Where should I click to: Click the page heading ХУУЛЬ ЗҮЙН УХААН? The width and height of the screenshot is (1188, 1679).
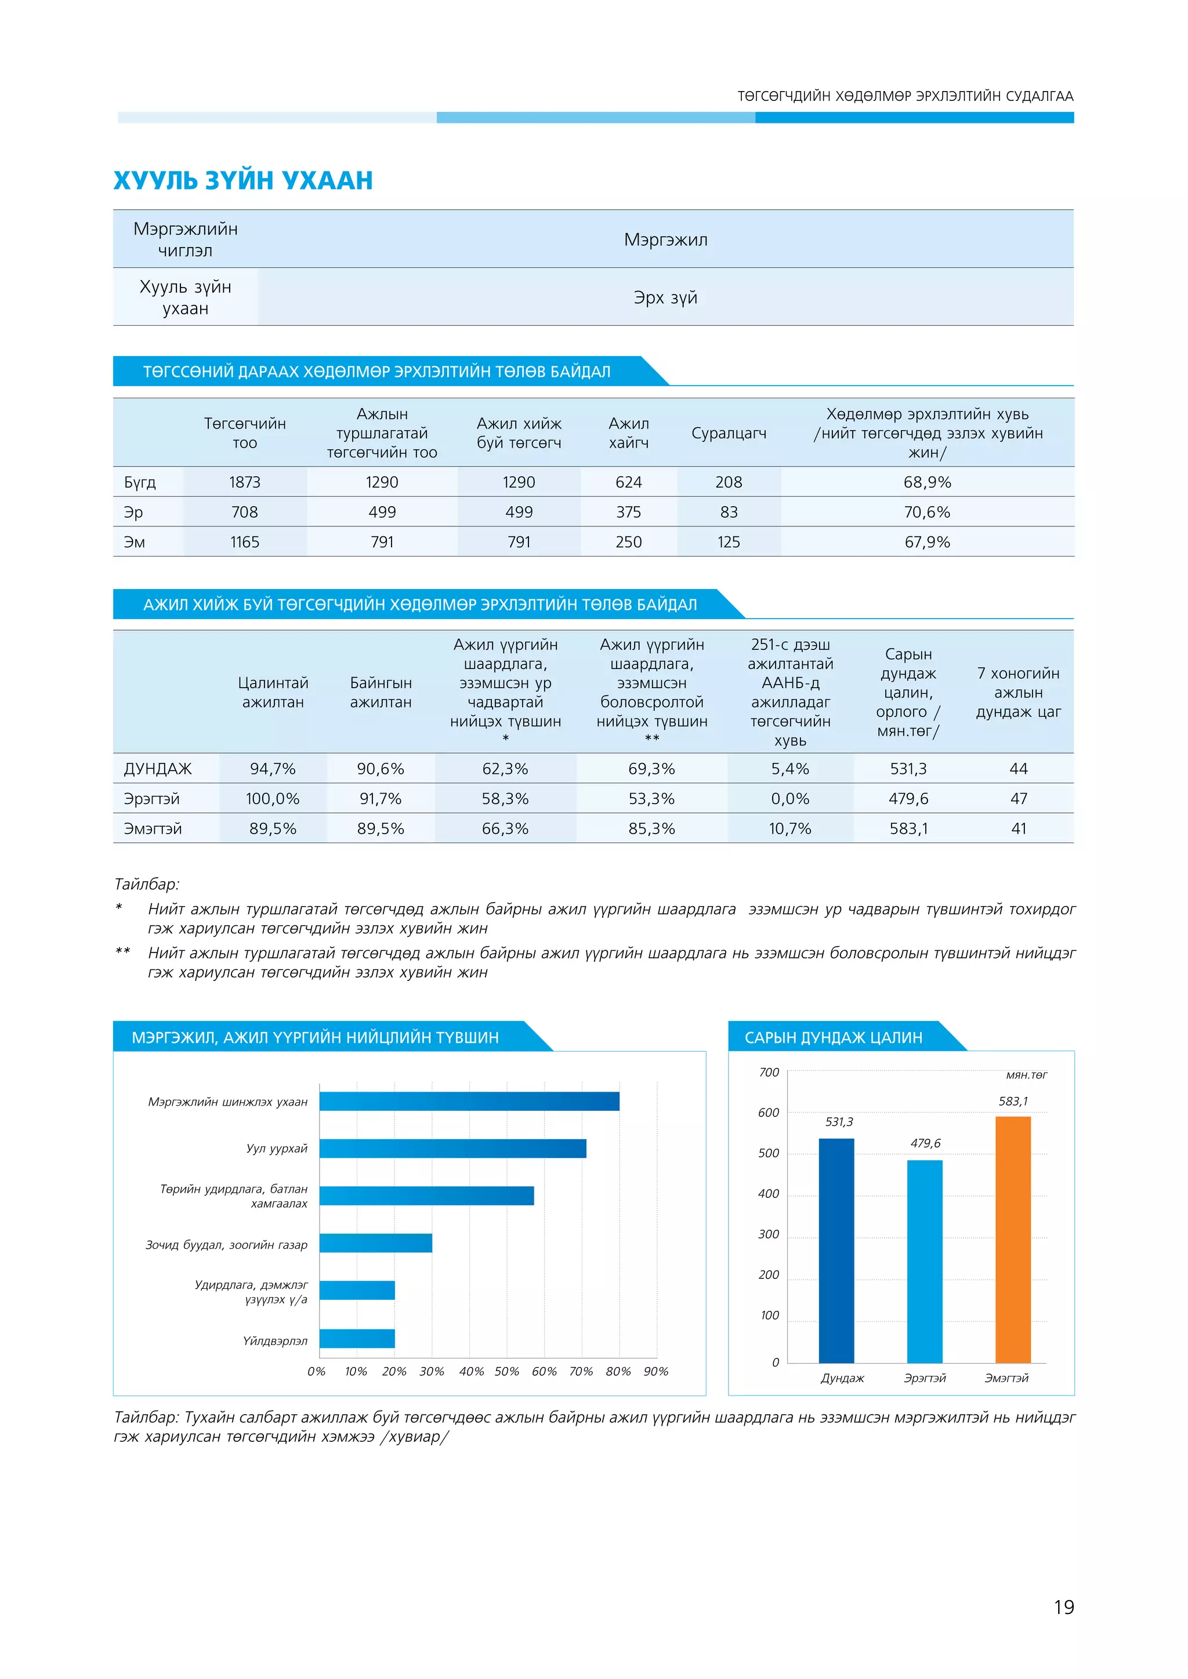point(243,180)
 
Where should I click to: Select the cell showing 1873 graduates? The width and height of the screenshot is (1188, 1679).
point(244,482)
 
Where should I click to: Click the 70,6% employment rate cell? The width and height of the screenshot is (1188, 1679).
point(927,513)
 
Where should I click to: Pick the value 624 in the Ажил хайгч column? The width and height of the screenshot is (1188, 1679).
point(628,482)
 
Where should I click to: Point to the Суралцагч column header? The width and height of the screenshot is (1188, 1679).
point(729,434)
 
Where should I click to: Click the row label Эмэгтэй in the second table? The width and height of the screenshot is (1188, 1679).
point(153,829)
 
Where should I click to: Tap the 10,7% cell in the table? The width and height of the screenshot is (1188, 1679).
point(790,829)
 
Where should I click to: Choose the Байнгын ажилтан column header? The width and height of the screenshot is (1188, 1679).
point(381,692)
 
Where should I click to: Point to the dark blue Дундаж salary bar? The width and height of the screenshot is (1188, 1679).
point(836,1251)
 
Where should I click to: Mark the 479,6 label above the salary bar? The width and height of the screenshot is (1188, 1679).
point(925,1143)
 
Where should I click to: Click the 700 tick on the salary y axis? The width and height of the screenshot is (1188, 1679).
point(769,1073)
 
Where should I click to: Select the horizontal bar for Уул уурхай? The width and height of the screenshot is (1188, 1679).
point(453,1149)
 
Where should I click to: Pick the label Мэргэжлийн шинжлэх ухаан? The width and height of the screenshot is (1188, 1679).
point(227,1102)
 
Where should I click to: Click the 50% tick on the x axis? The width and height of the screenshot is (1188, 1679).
point(507,1372)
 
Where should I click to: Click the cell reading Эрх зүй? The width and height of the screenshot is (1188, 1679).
point(665,297)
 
